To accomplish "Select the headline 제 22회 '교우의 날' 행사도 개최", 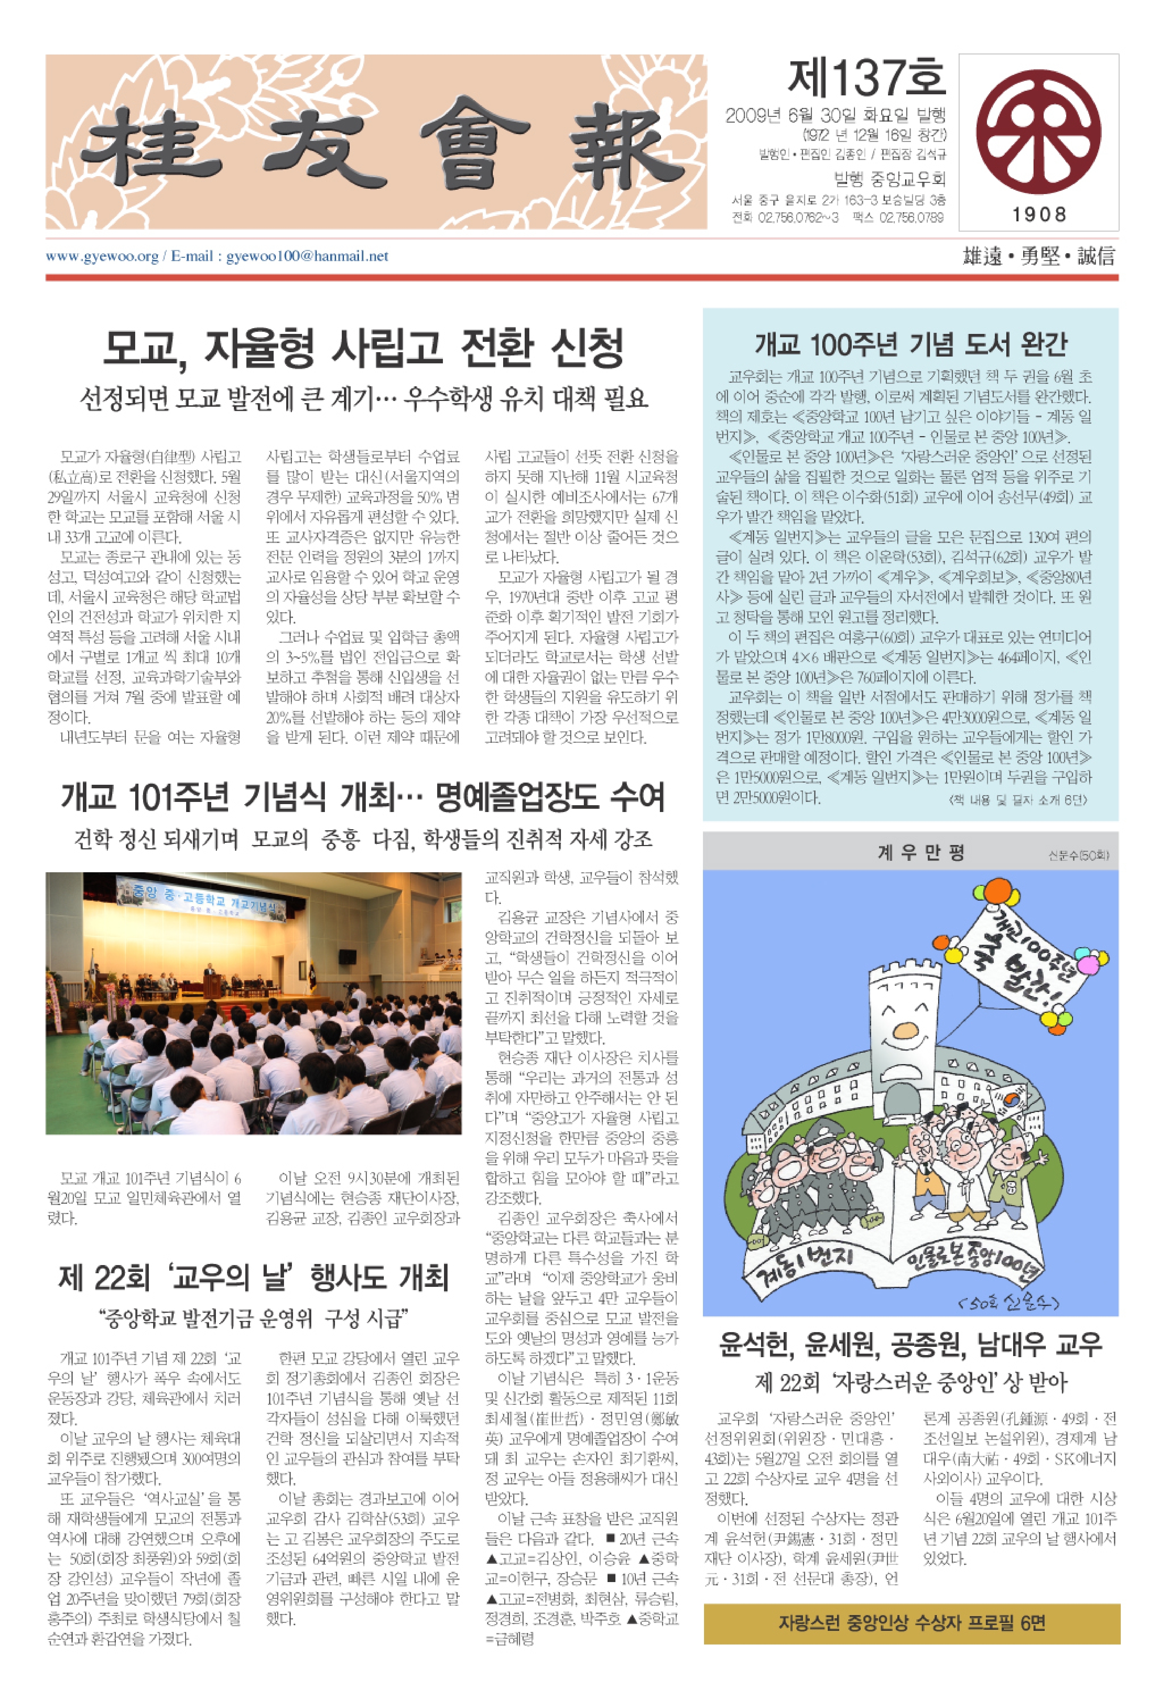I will click(x=253, y=1278).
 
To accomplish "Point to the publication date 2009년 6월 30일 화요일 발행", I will click(x=836, y=115).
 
